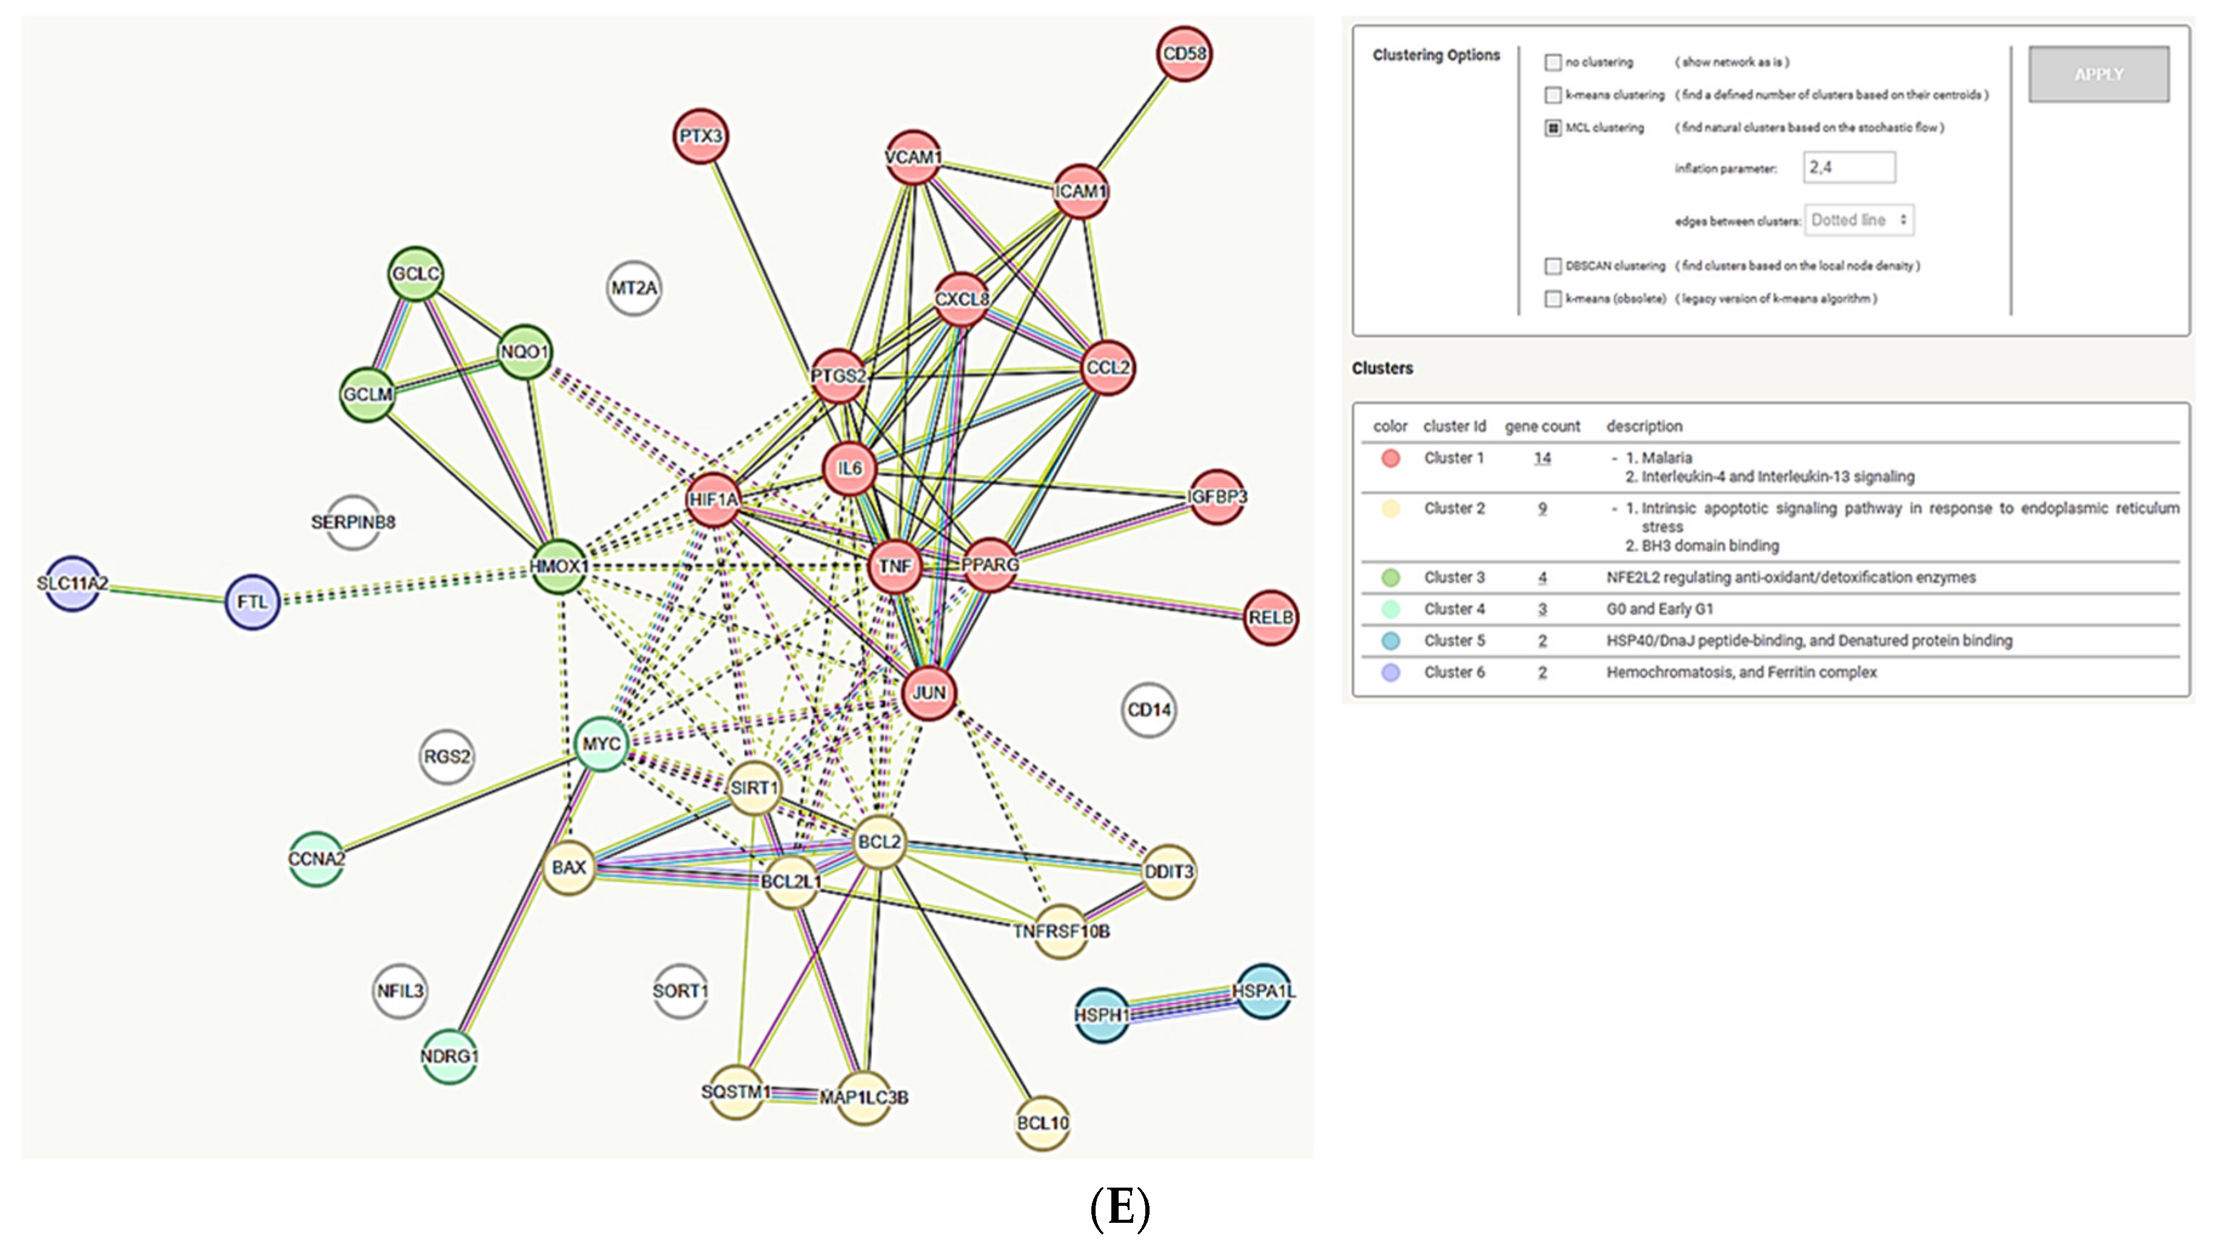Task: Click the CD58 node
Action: [1184, 53]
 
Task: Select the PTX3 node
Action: [700, 136]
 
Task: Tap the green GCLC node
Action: [416, 274]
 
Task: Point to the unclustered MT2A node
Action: [634, 288]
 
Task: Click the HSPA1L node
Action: [1263, 992]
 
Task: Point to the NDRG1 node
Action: [449, 1056]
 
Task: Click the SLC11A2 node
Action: [72, 584]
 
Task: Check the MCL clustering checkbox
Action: [1552, 128]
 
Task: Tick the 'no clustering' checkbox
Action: [1552, 62]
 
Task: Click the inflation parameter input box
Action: [1849, 167]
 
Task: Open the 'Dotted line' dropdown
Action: [1859, 220]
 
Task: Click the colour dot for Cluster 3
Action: [1390, 577]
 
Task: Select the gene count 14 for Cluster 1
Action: [1542, 458]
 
